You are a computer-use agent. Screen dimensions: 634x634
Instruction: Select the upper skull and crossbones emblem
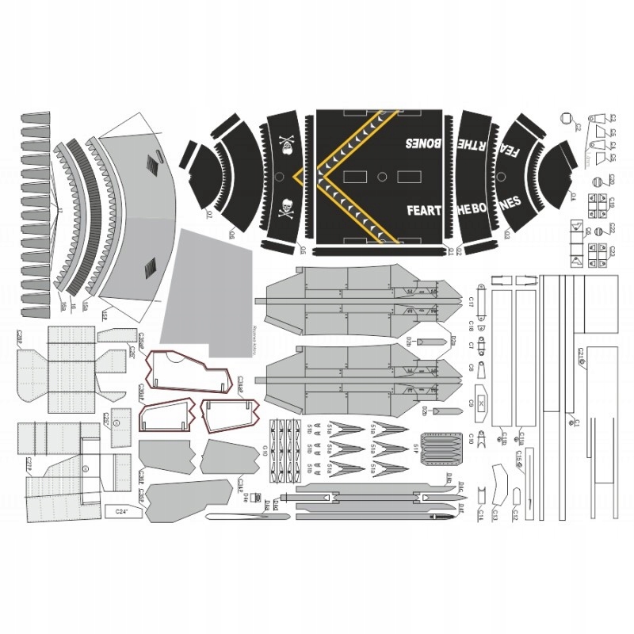coord(286,145)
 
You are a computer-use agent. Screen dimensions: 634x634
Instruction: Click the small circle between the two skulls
coord(281,176)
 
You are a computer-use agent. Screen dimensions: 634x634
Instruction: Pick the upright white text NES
coord(512,202)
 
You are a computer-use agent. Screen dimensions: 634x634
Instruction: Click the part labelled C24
coord(121,512)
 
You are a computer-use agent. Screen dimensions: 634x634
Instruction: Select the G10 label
coord(265,451)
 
